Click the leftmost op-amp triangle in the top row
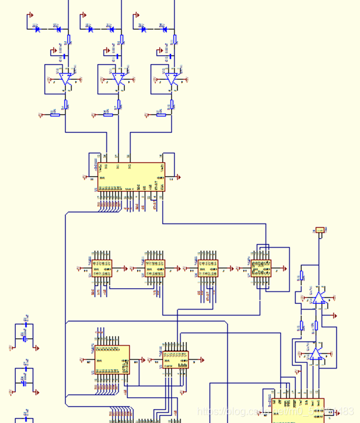click(x=66, y=79)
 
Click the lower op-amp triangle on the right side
click(x=315, y=353)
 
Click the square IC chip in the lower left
click(x=112, y=359)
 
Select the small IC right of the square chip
click(x=175, y=360)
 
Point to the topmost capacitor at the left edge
click(x=25, y=336)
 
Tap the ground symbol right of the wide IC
click(x=179, y=177)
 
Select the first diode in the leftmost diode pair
click(x=39, y=28)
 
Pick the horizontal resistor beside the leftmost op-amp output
click(x=55, y=114)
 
